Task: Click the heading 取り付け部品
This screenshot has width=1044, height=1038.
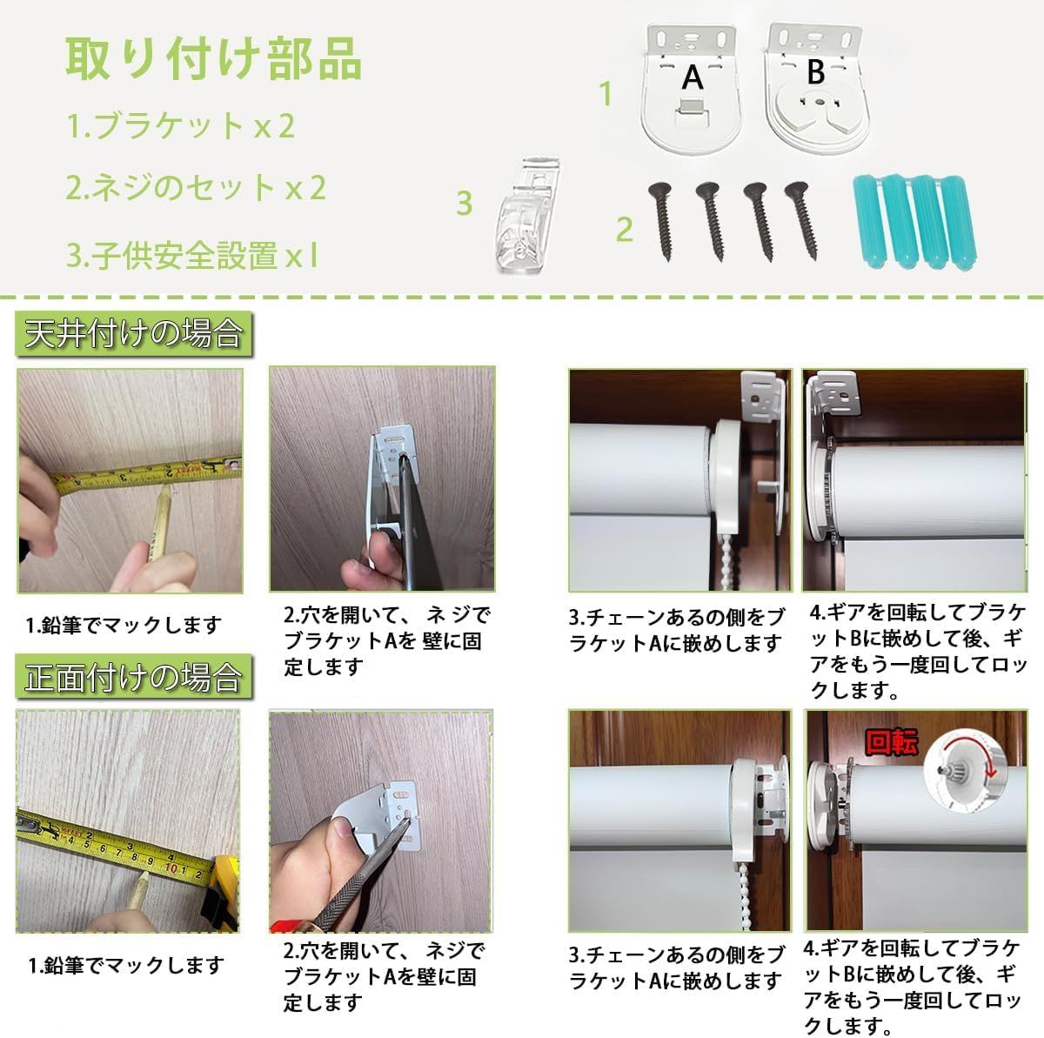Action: click(x=213, y=58)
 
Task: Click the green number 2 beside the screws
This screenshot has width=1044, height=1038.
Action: click(x=624, y=230)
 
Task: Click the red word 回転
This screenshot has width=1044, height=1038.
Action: click(x=891, y=742)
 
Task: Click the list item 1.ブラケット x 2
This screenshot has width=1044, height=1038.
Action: click(x=182, y=126)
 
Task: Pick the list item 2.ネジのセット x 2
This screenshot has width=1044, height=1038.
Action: click(x=197, y=187)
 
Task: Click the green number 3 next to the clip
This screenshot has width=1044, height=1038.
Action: click(x=464, y=203)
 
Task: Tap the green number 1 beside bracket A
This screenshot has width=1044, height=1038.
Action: click(x=606, y=94)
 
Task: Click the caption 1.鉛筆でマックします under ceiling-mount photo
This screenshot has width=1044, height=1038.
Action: click(x=123, y=625)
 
